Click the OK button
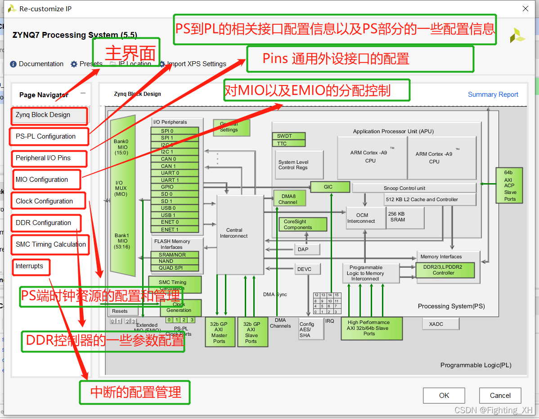point(444,396)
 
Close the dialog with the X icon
point(525,9)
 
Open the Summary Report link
point(493,95)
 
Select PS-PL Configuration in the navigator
point(45,136)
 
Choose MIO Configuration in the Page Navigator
point(42,180)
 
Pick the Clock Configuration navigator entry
point(44,201)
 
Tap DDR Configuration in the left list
point(43,223)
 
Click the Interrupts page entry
point(29,266)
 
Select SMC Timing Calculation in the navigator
point(50,244)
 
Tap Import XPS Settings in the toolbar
point(197,64)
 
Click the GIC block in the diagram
point(330,187)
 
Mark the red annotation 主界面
point(130,54)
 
